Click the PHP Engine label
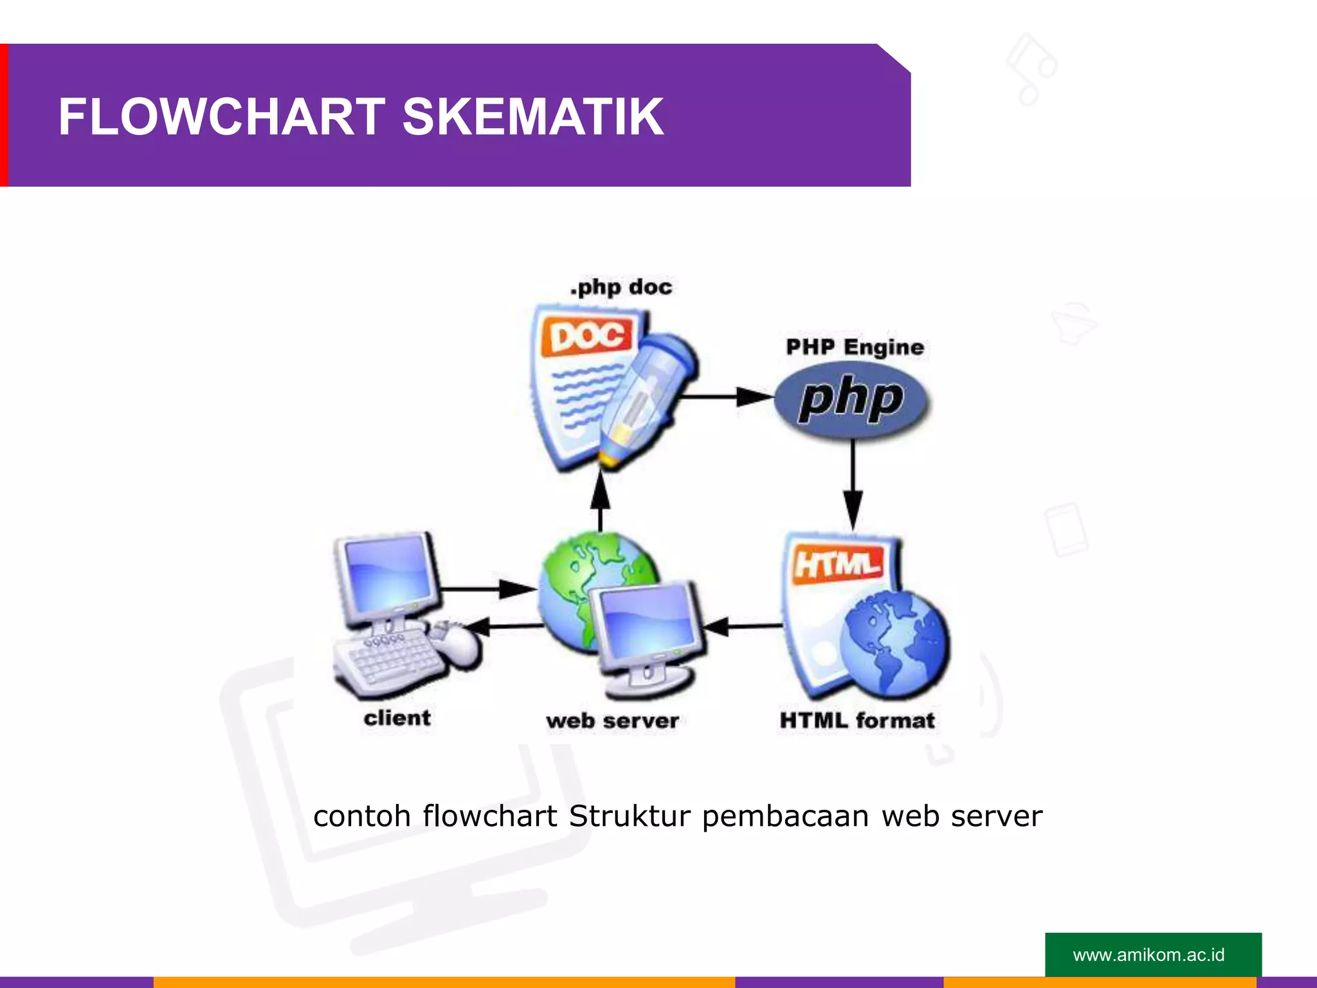click(x=855, y=347)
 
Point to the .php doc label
click(x=621, y=287)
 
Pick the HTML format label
click(x=857, y=720)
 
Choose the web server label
click(x=612, y=721)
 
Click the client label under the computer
click(x=397, y=718)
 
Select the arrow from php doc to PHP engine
click(x=727, y=397)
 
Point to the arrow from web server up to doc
click(x=600, y=500)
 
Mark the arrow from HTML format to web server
click(x=744, y=625)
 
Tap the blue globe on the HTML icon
click(x=895, y=644)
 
